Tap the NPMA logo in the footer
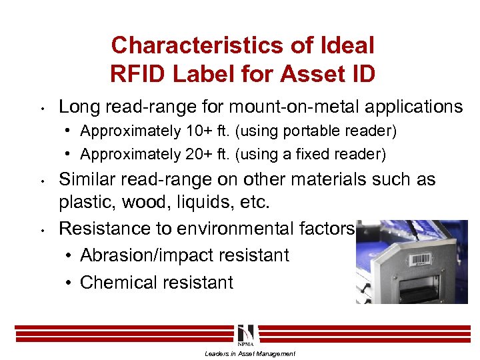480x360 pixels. click(x=245, y=333)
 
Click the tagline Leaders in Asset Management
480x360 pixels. click(x=249, y=353)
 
